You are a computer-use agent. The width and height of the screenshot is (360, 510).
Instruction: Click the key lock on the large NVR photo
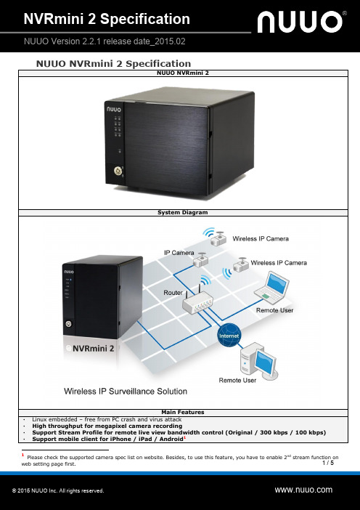pos(118,171)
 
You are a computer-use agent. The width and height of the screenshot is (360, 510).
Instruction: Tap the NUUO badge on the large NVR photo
pos(114,109)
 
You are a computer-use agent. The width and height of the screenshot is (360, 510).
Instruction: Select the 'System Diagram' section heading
pos(183,212)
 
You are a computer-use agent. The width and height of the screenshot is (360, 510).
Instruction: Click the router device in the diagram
pos(197,300)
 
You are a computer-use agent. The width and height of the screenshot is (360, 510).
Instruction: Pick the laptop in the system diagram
pos(272,288)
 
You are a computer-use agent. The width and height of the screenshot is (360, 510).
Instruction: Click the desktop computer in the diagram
pos(258,361)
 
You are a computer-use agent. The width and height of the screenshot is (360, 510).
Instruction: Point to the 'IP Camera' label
pos(179,253)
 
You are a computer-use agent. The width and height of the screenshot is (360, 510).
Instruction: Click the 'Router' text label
pos(173,293)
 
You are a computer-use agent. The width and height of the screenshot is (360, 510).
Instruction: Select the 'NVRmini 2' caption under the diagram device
pos(93,348)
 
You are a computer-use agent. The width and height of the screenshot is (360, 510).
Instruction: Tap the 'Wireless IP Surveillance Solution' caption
pos(126,392)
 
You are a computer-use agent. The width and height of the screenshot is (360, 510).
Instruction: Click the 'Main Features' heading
pos(183,412)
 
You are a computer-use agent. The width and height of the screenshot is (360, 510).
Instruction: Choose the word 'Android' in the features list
pos(171,439)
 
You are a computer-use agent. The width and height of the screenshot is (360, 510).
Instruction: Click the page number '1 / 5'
pos(328,463)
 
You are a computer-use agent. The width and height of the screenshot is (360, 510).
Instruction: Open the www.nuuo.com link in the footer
pos(303,490)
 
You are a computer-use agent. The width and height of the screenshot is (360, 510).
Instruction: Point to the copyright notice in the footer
pos(58,491)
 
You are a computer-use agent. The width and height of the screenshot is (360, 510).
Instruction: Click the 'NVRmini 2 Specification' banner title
pos(107,19)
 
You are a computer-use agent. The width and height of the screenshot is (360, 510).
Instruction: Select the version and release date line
pos(105,41)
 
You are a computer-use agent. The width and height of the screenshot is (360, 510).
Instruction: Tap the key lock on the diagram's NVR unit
pos(68,323)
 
